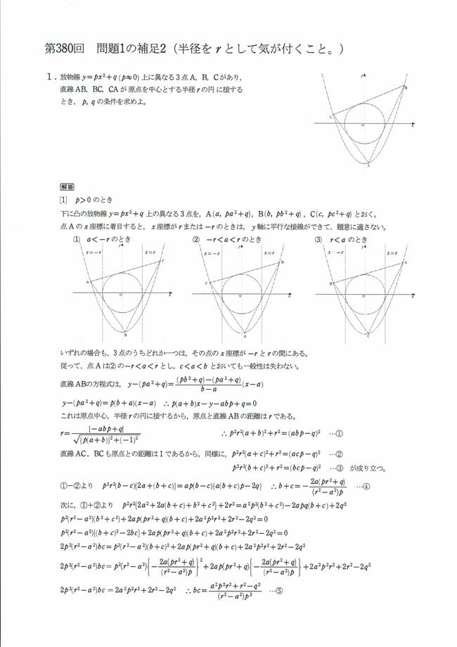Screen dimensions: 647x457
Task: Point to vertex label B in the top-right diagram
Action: click(405, 87)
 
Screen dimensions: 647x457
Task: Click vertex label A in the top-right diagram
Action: click(368, 166)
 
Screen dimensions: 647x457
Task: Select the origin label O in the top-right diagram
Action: click(362, 124)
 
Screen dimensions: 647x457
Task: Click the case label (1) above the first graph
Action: click(77, 238)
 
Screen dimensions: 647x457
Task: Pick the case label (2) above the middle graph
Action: click(196, 238)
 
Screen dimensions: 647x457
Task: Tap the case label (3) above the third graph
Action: click(319, 238)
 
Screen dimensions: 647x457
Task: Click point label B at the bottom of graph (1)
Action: click(124, 335)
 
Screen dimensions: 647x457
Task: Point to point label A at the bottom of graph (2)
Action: click(244, 335)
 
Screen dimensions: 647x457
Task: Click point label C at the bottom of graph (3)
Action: click(366, 336)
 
